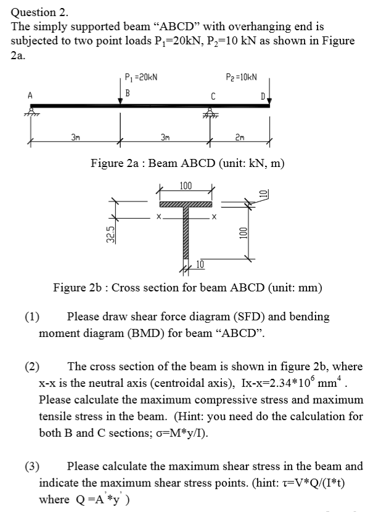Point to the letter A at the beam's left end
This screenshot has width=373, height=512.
tap(29, 95)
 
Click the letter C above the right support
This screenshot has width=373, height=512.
tap(213, 95)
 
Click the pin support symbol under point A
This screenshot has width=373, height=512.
tap(29, 113)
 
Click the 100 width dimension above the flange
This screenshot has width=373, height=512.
tap(186, 186)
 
